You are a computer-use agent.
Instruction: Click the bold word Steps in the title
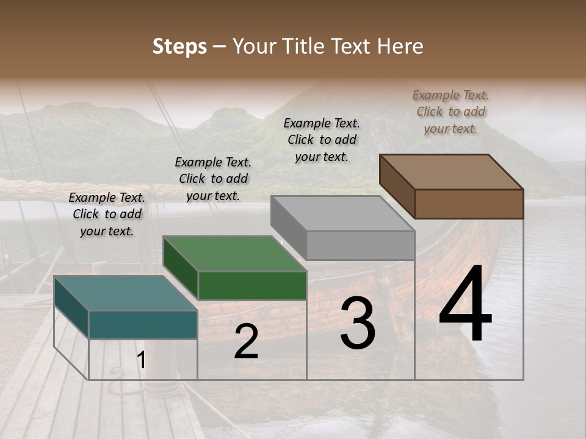179,46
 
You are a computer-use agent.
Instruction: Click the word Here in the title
400,46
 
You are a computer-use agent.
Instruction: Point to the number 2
246,341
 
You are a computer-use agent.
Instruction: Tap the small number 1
141,360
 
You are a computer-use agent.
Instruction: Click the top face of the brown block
452,171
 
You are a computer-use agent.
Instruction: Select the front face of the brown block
469,204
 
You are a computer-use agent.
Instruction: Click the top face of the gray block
342,213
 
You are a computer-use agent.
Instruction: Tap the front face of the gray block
360,245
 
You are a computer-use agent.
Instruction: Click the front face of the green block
252,285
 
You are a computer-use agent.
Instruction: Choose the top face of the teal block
126,293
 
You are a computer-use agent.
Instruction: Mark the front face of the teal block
143,324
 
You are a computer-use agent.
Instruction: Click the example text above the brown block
450,112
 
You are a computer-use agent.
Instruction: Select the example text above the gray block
322,140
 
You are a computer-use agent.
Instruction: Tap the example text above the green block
213,179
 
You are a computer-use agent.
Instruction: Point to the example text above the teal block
107,214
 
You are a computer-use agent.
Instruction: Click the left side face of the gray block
289,227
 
